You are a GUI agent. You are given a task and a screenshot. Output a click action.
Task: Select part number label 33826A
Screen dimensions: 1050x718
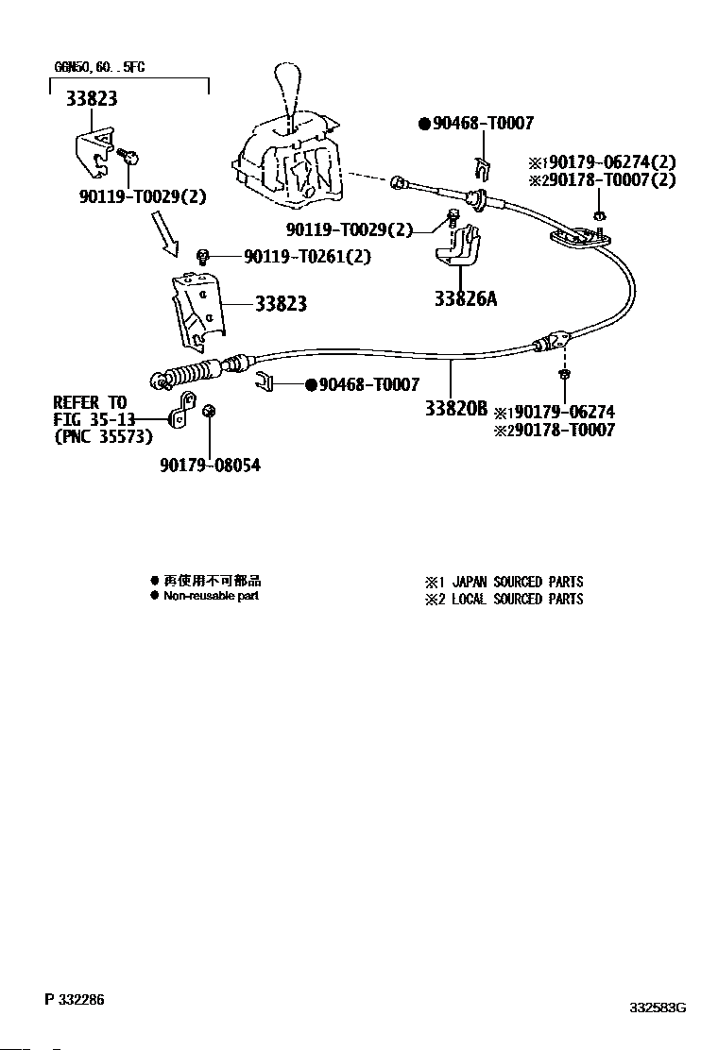point(465,299)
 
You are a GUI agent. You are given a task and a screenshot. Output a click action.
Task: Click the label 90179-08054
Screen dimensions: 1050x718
point(210,465)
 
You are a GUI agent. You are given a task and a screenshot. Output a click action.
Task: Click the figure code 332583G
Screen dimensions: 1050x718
point(658,1008)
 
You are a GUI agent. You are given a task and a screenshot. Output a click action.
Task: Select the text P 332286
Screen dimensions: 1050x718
point(74,999)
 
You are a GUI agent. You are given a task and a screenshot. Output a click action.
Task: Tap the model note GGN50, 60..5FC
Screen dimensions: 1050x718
point(99,68)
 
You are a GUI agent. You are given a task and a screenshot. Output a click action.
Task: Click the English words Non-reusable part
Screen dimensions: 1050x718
point(211,596)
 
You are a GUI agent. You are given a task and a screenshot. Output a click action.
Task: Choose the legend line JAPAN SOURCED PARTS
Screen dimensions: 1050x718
point(517,582)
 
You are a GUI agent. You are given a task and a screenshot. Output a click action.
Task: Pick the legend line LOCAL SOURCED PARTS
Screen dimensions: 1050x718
point(517,599)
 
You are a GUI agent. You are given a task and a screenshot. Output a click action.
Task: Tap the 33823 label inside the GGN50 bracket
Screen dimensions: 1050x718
point(92,98)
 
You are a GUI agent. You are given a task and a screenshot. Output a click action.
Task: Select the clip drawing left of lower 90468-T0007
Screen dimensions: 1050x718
point(264,382)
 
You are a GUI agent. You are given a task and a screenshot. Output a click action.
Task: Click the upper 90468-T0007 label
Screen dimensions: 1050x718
point(483,123)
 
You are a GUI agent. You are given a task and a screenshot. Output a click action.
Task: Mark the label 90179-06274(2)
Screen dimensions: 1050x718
point(614,161)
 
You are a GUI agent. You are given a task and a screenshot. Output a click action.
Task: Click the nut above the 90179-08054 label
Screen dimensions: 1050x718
point(210,412)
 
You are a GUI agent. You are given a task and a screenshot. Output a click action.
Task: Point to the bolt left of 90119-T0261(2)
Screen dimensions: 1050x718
point(201,256)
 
